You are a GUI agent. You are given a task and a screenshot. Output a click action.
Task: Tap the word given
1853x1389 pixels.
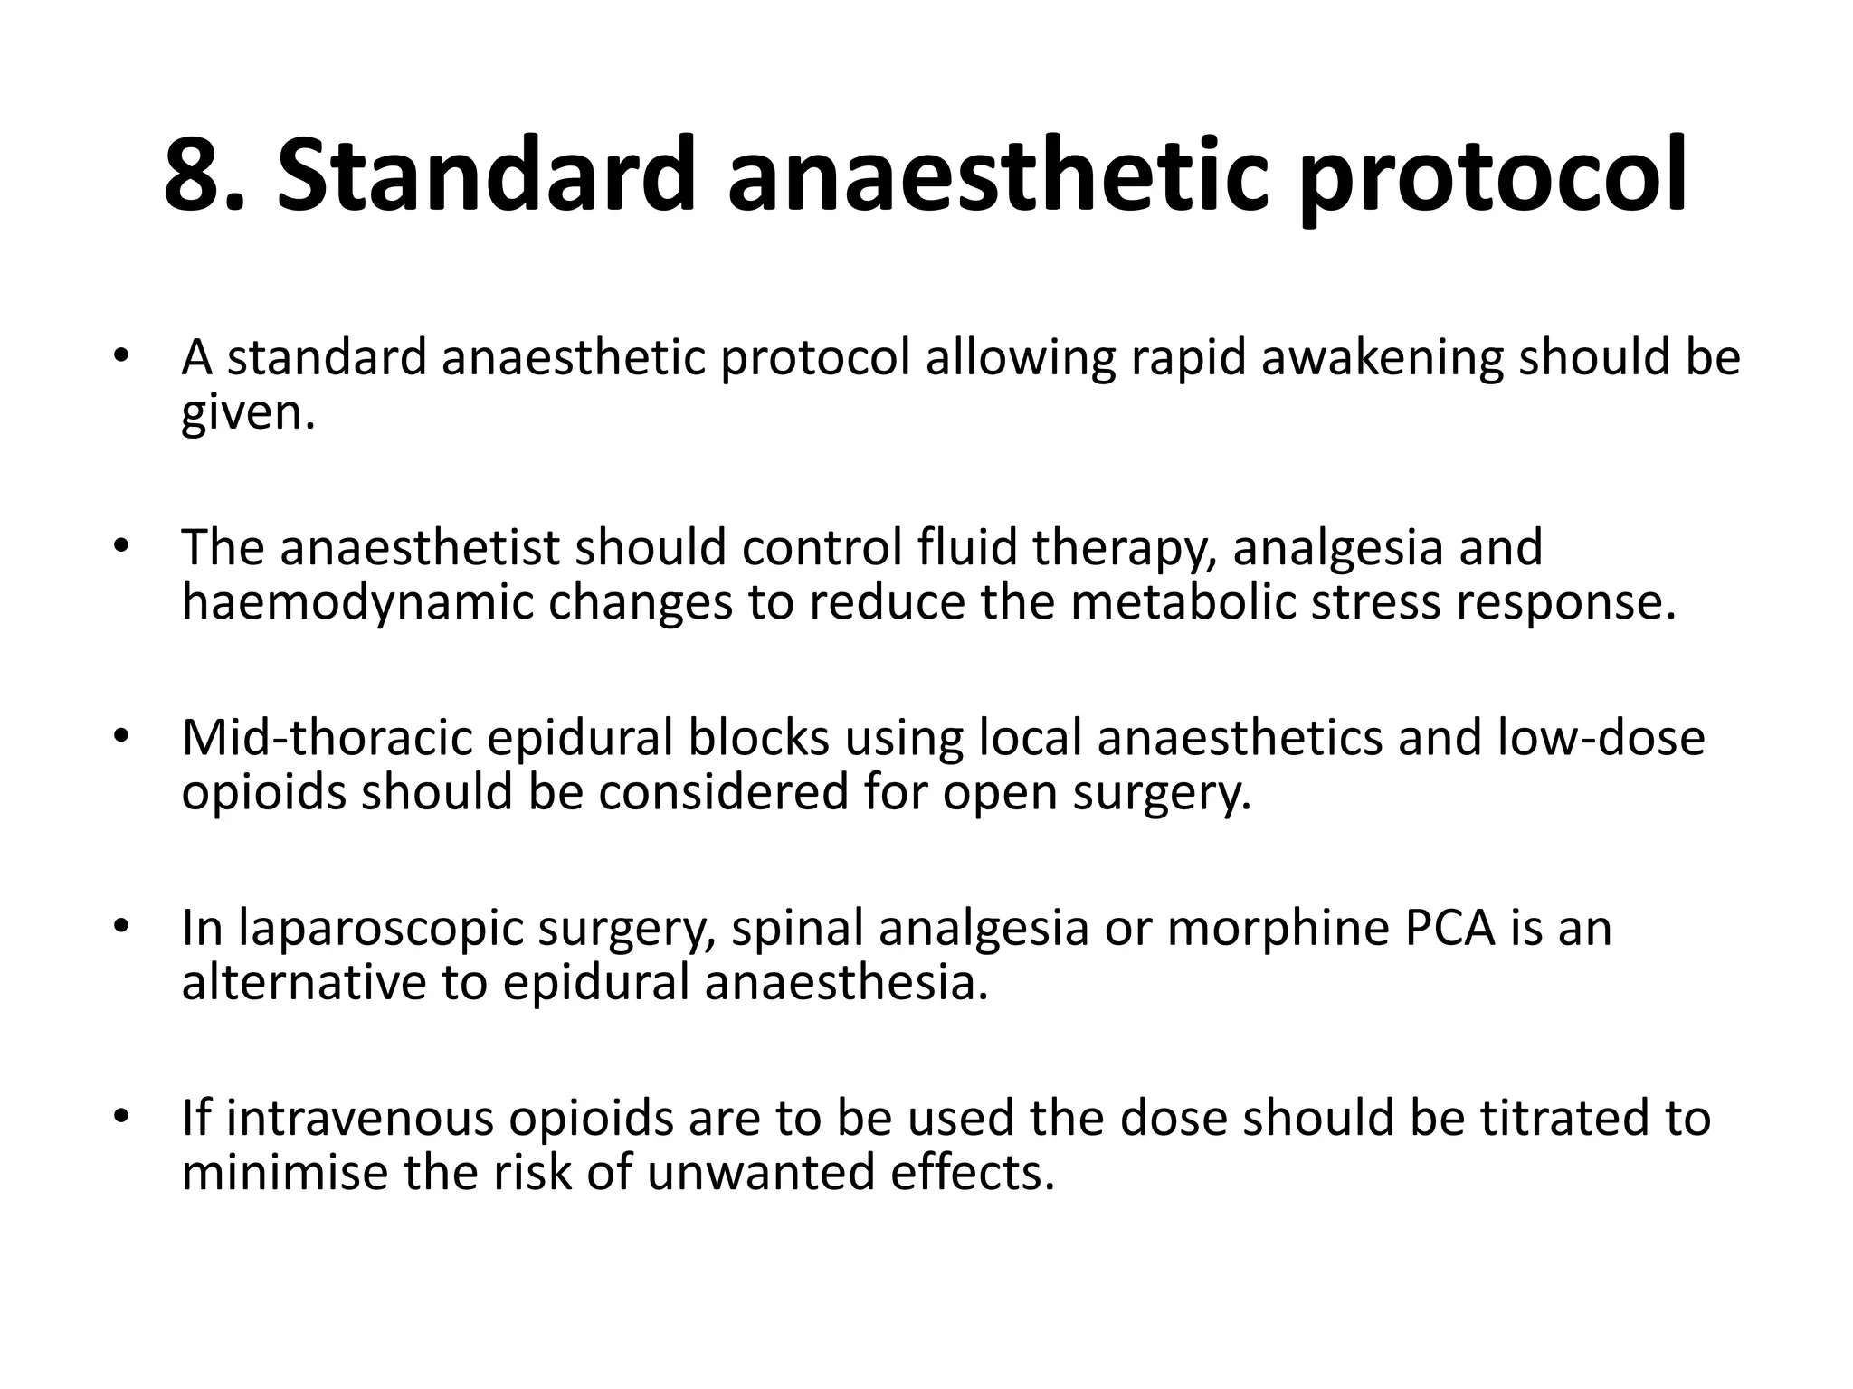248,413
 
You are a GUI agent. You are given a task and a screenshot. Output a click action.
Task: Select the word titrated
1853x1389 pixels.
1563,1119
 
